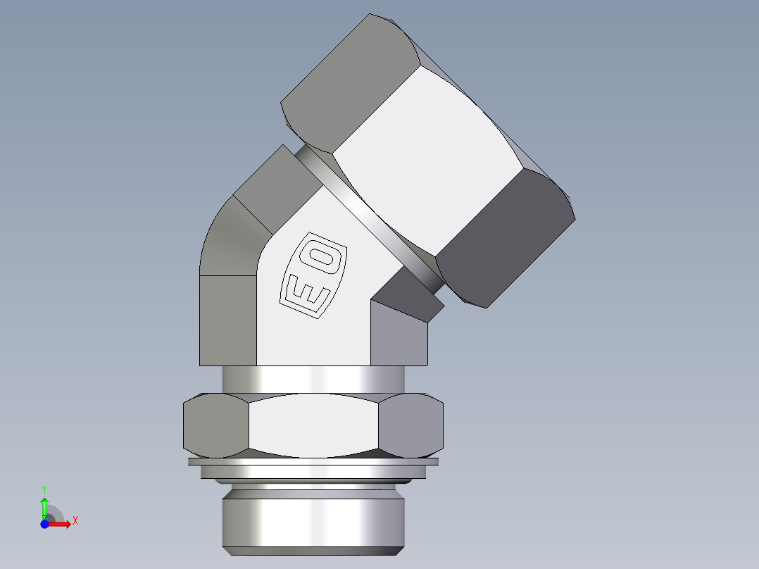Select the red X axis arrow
pos(62,523)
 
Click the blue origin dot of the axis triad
pos(44,524)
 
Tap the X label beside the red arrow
pos(75,521)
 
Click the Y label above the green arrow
pos(44,488)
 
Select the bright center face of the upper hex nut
pos(426,158)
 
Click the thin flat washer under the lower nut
pos(313,462)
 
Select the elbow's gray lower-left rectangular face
pos(227,320)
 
